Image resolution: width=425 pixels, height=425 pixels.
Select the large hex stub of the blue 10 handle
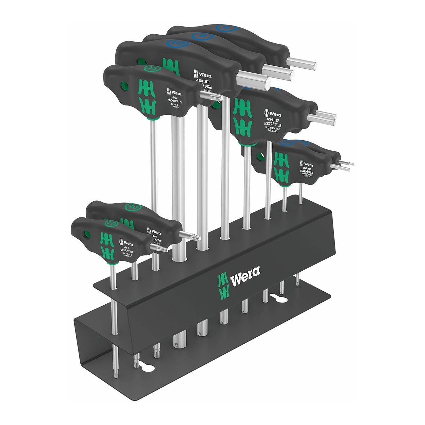coord(255,78)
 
